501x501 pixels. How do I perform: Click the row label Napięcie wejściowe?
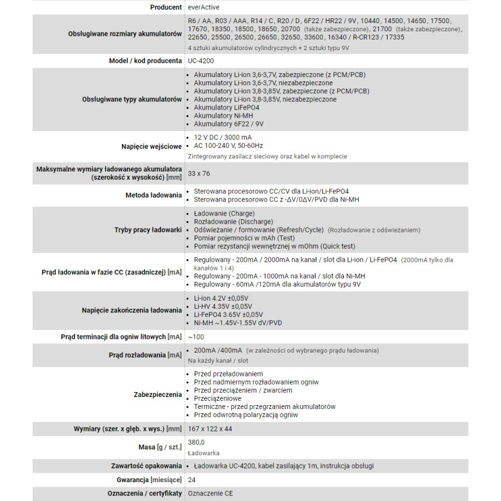[x=152, y=147]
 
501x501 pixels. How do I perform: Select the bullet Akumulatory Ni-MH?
[x=223, y=115]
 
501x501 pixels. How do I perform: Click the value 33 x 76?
[x=199, y=173]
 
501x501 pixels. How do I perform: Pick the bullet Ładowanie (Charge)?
[x=224, y=214]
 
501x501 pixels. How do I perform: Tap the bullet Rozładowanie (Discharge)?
[x=233, y=222]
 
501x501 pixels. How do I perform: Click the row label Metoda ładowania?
[x=153, y=195]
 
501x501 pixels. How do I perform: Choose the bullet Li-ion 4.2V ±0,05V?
[x=221, y=299]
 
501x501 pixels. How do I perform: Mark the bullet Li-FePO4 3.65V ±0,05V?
[x=228, y=314]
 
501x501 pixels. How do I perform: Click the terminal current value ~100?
[x=197, y=337]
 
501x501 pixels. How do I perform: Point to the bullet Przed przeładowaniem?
[x=227, y=374]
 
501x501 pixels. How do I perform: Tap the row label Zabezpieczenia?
[x=157, y=395]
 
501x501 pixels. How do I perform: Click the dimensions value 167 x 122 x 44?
[x=210, y=429]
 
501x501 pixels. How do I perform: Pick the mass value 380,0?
[x=197, y=442]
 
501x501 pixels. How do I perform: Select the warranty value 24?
[x=192, y=479]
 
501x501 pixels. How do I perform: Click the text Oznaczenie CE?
[x=210, y=494]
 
